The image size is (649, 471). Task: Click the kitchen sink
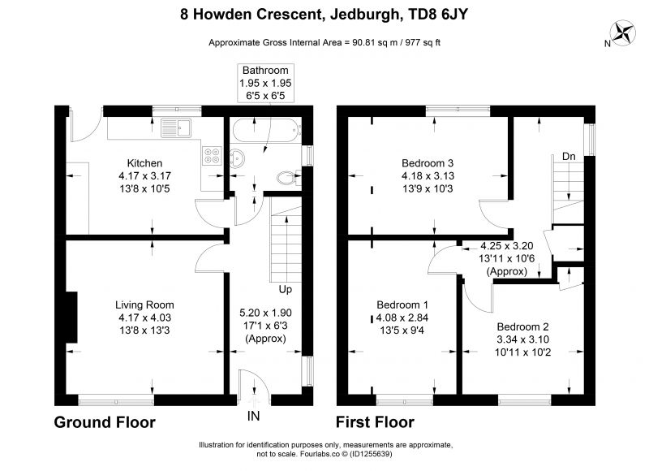tap(176, 128)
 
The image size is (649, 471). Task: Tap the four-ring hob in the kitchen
tap(212, 156)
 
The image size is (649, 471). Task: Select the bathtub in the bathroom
tap(264, 131)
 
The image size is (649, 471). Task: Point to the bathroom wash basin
tap(237, 158)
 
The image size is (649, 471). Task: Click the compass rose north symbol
tap(623, 33)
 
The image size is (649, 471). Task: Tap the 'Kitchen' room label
tap(144, 163)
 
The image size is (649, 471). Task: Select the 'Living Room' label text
tap(144, 305)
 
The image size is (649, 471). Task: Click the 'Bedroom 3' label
tap(428, 162)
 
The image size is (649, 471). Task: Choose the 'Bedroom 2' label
tap(522, 326)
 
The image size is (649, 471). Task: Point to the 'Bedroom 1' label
tap(402, 305)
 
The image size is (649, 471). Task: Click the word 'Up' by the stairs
tap(286, 289)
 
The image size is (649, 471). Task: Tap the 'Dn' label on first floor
tap(569, 156)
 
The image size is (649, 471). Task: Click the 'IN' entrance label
tap(253, 416)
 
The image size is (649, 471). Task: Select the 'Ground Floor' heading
tap(105, 422)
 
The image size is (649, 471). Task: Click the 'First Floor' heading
tap(375, 422)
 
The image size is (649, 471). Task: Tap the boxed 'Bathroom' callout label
tap(265, 83)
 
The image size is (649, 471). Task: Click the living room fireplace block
tap(71, 318)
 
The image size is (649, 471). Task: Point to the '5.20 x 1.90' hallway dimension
tap(265, 313)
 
